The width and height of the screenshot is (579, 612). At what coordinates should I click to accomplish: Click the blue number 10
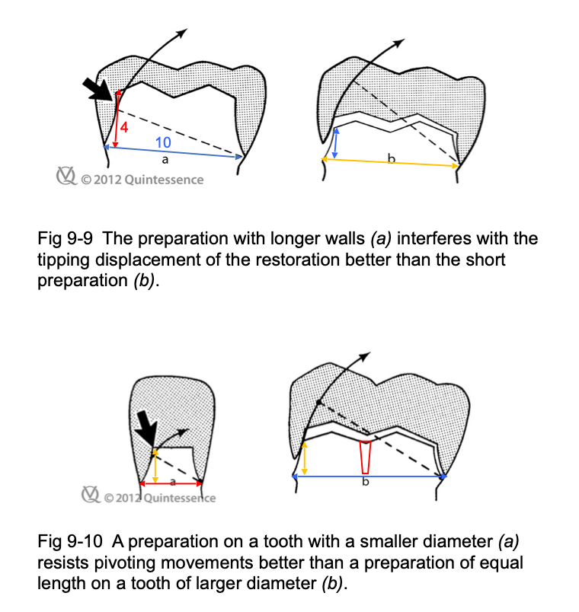coord(163,142)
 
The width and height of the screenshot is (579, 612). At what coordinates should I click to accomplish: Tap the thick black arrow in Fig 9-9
coord(99,88)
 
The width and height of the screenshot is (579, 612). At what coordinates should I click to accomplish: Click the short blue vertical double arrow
coord(335,142)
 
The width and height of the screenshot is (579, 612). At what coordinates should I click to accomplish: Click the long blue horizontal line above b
coord(368,476)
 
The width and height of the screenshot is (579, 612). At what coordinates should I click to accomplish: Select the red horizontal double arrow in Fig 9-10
coord(172,483)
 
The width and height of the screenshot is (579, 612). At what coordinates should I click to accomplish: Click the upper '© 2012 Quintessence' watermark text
coord(141,180)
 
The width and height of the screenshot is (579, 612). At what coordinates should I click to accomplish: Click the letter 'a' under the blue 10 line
coord(165,161)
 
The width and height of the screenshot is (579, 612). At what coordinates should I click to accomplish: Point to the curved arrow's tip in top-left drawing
coord(183,32)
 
